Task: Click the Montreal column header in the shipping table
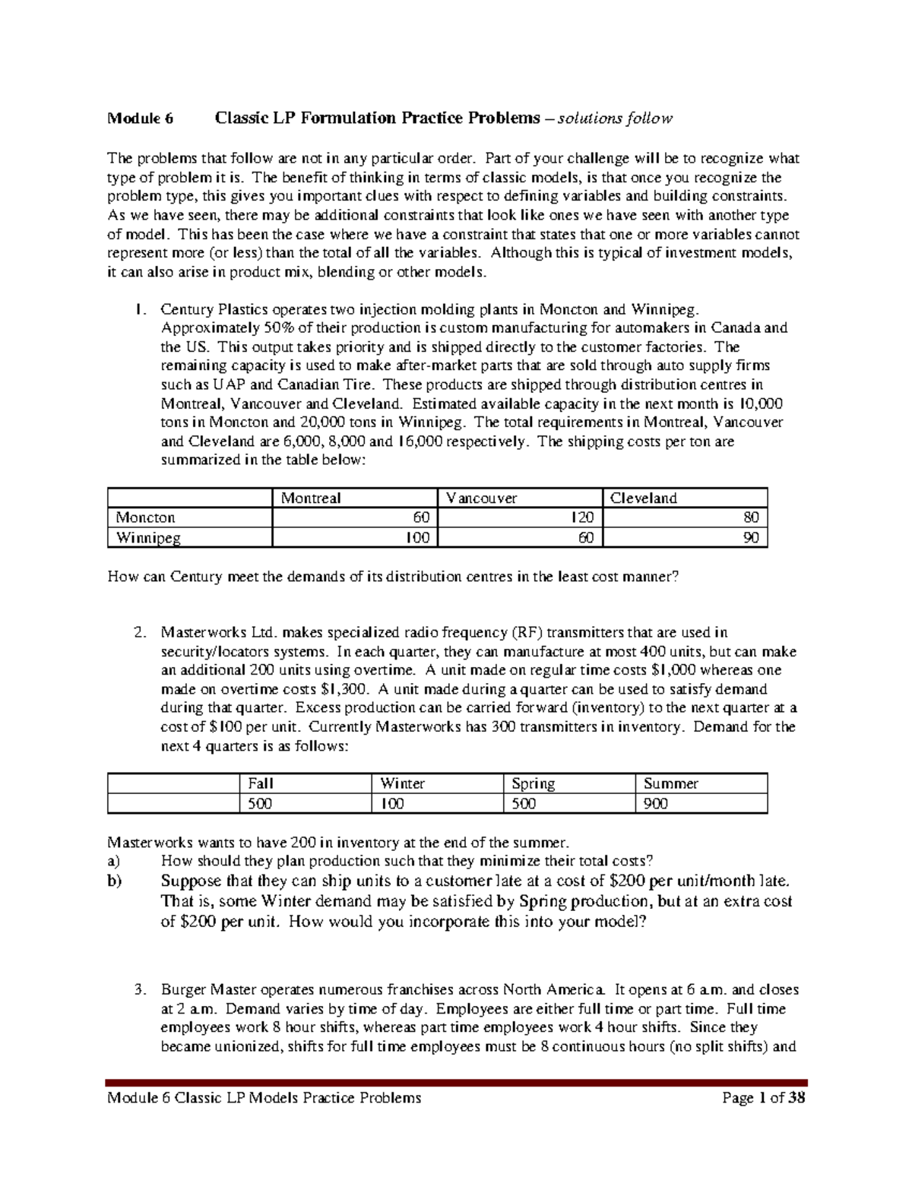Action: (x=311, y=498)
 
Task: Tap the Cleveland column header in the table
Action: (x=643, y=498)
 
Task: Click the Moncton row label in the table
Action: (x=145, y=517)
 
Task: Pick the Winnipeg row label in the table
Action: (x=148, y=537)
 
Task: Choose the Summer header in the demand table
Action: (x=670, y=783)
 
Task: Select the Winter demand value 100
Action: (x=392, y=803)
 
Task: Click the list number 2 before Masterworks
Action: (x=138, y=632)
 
